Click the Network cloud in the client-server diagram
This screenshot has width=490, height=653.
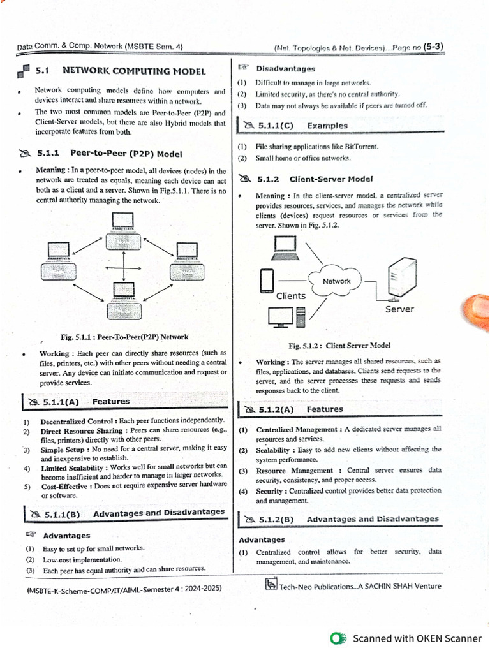336,281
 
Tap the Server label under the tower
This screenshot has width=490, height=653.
399,309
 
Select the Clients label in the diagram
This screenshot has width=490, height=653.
290,296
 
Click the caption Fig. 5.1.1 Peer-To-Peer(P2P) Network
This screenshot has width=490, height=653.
124,337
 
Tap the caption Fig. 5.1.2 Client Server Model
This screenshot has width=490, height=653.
339,345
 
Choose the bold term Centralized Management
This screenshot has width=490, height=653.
298,429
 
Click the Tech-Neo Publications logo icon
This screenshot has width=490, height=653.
271,583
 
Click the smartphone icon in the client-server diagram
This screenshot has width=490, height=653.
267,280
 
